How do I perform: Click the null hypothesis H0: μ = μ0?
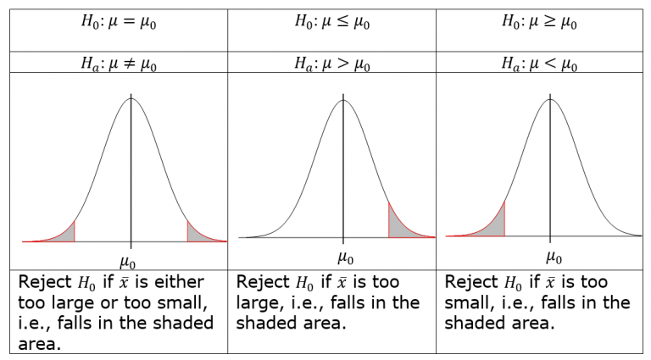click(x=119, y=21)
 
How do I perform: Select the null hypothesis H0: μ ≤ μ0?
click(x=332, y=21)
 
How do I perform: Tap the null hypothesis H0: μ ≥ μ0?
click(x=539, y=21)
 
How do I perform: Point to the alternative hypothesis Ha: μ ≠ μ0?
click(x=119, y=64)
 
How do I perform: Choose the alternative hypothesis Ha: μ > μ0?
click(x=332, y=64)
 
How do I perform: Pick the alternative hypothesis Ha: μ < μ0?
click(x=539, y=64)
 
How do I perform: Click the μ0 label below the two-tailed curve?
click(x=127, y=263)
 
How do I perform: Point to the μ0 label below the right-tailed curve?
click(x=346, y=258)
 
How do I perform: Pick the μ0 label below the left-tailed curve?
click(x=554, y=258)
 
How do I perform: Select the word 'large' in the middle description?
click(x=259, y=303)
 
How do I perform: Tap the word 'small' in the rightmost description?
click(x=467, y=303)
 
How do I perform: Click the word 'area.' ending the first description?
click(x=40, y=344)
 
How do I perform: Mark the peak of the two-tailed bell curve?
click(x=131, y=98)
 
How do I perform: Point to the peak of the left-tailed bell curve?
click(x=550, y=99)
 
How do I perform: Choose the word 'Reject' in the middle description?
click(x=263, y=282)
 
